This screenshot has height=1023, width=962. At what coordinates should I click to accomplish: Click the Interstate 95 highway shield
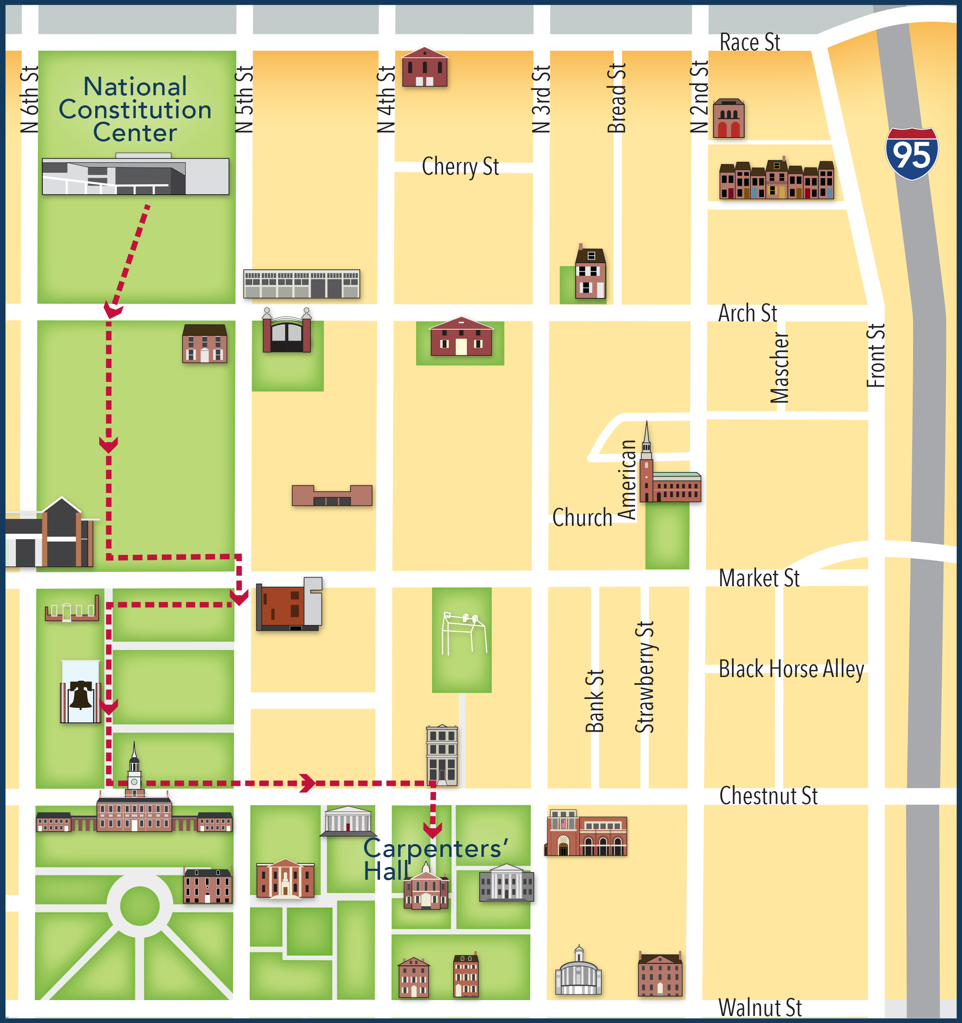pos(912,153)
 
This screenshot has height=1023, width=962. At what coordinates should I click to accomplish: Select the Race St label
pos(749,42)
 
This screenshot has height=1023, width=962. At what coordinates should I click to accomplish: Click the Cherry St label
pos(460,167)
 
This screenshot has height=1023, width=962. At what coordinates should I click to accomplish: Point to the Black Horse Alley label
pos(791,669)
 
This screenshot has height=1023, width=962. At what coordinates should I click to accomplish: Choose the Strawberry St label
pos(645,677)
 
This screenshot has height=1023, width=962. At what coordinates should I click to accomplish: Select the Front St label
pos(876,356)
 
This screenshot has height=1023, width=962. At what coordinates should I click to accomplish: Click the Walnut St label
pos(760,1008)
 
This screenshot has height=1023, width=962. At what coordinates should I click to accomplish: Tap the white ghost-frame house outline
pos(464,632)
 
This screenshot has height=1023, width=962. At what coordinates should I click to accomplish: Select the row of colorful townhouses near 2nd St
pos(776,180)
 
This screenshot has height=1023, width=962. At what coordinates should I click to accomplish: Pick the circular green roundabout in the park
pos(139,905)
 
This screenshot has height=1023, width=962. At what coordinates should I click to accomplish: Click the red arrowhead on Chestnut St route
pos(308,783)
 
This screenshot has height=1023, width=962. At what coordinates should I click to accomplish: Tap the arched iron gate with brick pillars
pos(287,332)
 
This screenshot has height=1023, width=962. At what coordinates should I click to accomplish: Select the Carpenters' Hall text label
pos(435,859)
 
